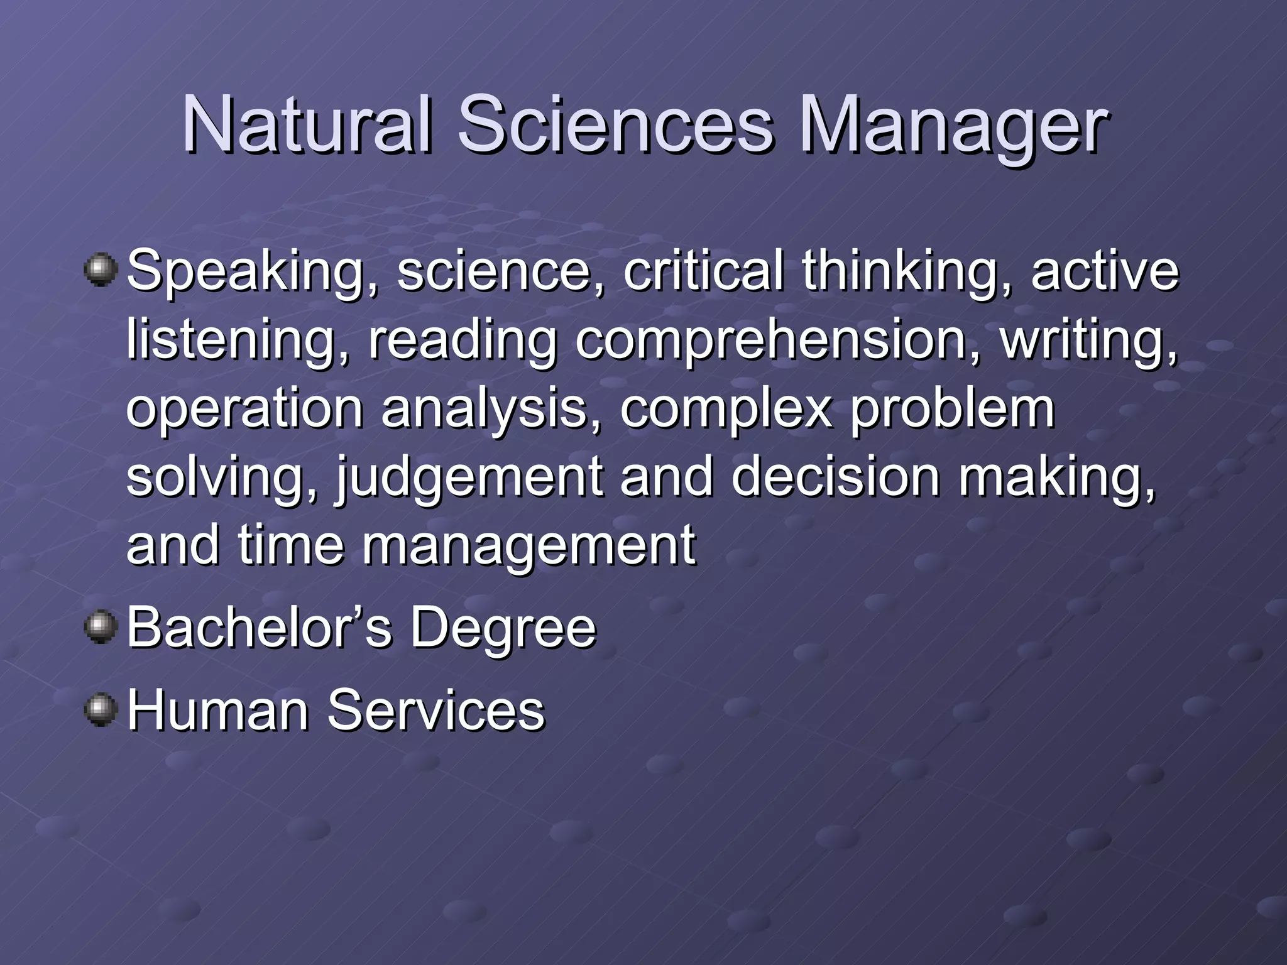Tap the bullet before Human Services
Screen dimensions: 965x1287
click(x=100, y=709)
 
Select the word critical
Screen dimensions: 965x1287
click(x=703, y=270)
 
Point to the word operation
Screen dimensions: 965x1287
click(x=245, y=408)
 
